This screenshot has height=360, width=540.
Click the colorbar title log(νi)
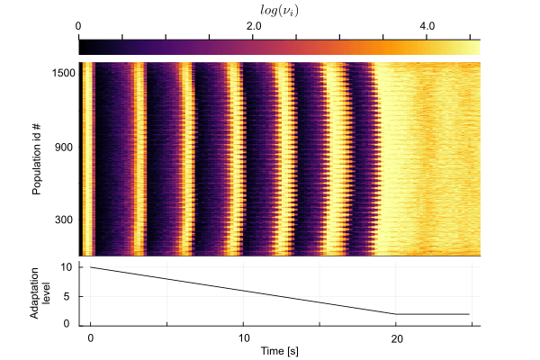[x=279, y=11]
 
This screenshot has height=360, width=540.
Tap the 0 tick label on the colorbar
[x=78, y=26]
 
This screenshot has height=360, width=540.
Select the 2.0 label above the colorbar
[x=254, y=26]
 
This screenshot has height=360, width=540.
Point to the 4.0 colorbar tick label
[x=427, y=26]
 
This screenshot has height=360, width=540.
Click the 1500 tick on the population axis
[x=63, y=74]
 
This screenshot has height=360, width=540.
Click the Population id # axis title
[x=37, y=159]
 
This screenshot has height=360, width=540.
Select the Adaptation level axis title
[x=40, y=293]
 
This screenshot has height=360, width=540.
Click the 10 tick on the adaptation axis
[x=67, y=267]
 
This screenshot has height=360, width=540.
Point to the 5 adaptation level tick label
[x=67, y=296]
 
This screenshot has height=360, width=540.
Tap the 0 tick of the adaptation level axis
[x=67, y=324]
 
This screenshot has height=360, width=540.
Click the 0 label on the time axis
[x=91, y=338]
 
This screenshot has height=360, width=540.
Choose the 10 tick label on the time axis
[x=244, y=338]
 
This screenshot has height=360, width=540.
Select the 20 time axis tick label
[x=397, y=339]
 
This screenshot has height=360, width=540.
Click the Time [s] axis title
[x=279, y=351]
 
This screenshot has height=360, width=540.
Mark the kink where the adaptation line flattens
[x=396, y=314]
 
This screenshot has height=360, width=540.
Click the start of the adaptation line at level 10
[x=91, y=267]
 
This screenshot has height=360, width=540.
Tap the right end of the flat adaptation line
[x=469, y=314]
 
